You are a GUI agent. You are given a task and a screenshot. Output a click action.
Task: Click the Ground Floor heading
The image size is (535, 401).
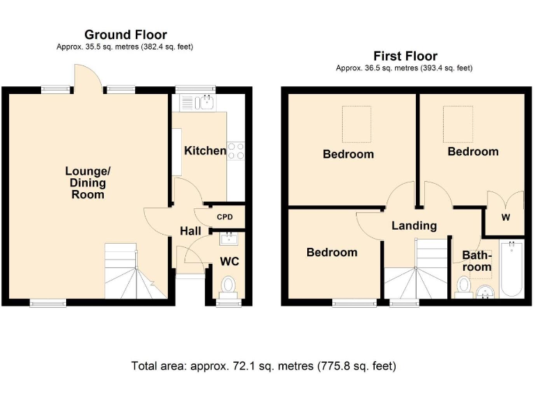[125, 35]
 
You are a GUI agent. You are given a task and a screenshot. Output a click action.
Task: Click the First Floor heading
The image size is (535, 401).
[405, 56]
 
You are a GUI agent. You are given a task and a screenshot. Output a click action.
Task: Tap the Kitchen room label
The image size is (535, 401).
[205, 150]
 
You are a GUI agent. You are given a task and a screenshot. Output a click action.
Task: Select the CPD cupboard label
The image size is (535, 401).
[225, 217]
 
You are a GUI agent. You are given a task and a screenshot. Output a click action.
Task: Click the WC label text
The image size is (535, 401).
[229, 262]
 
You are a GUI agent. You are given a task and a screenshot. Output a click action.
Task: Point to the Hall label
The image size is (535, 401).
[190, 231]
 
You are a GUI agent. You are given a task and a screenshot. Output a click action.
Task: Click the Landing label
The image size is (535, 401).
[414, 226]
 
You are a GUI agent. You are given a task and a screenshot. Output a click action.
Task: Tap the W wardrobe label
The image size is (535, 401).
[506, 217]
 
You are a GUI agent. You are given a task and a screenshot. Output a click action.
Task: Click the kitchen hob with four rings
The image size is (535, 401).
[235, 150]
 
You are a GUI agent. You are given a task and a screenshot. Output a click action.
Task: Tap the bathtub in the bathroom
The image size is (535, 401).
[511, 269]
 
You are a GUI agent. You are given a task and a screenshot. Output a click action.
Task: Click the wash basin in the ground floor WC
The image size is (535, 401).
[229, 238]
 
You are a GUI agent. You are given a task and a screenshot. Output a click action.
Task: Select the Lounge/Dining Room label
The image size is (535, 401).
[88, 183]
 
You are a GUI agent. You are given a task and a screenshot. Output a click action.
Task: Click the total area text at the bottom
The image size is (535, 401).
[264, 366]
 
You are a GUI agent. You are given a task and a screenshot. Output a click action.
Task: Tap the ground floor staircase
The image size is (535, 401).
[135, 271]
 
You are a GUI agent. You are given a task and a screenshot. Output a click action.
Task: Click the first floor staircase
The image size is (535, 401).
[416, 269]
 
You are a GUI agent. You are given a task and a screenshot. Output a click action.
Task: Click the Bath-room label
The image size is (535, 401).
[477, 261]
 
